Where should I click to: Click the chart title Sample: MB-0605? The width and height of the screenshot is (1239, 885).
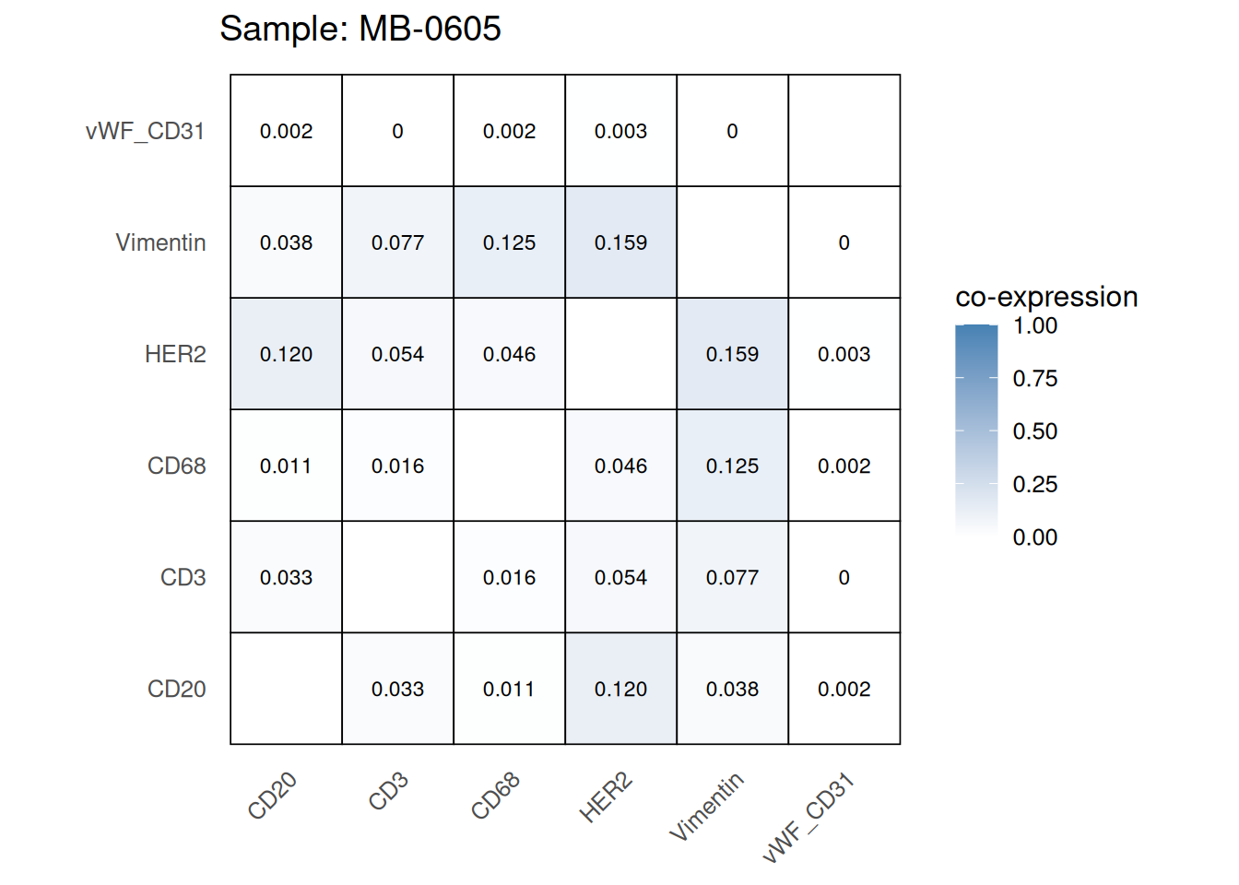tap(360, 29)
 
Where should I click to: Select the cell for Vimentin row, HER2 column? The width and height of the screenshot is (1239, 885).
tap(620, 242)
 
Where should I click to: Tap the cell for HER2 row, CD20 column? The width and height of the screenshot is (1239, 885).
tap(286, 354)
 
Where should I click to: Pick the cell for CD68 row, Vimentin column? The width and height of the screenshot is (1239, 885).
tap(732, 466)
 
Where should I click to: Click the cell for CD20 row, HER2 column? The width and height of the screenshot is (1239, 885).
tap(620, 689)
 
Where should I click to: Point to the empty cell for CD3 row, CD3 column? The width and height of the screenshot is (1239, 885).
tap(397, 577)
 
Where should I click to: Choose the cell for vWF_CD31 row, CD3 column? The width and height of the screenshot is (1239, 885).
tap(397, 131)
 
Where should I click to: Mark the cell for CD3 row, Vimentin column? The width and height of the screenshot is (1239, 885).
tap(732, 577)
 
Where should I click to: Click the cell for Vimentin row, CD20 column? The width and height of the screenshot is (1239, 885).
tap(286, 242)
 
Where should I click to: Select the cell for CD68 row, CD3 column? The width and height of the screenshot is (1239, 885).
tap(397, 466)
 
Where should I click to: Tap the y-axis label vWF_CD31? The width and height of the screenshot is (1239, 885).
tap(145, 131)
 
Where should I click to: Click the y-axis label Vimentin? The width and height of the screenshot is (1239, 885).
tap(160, 242)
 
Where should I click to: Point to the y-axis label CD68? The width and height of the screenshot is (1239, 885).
tap(176, 466)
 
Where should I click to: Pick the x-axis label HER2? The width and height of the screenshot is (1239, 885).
tap(606, 797)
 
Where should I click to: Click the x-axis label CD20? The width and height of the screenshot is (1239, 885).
tap(273, 796)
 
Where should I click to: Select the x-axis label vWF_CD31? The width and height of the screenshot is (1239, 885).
tap(808, 819)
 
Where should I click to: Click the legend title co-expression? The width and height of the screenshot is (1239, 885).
tap(1046, 297)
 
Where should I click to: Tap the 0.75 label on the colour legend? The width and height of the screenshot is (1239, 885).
tap(1034, 378)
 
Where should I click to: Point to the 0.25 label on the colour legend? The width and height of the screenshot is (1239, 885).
tap(1034, 484)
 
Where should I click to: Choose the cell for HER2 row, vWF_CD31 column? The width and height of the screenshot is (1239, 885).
tap(844, 354)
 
